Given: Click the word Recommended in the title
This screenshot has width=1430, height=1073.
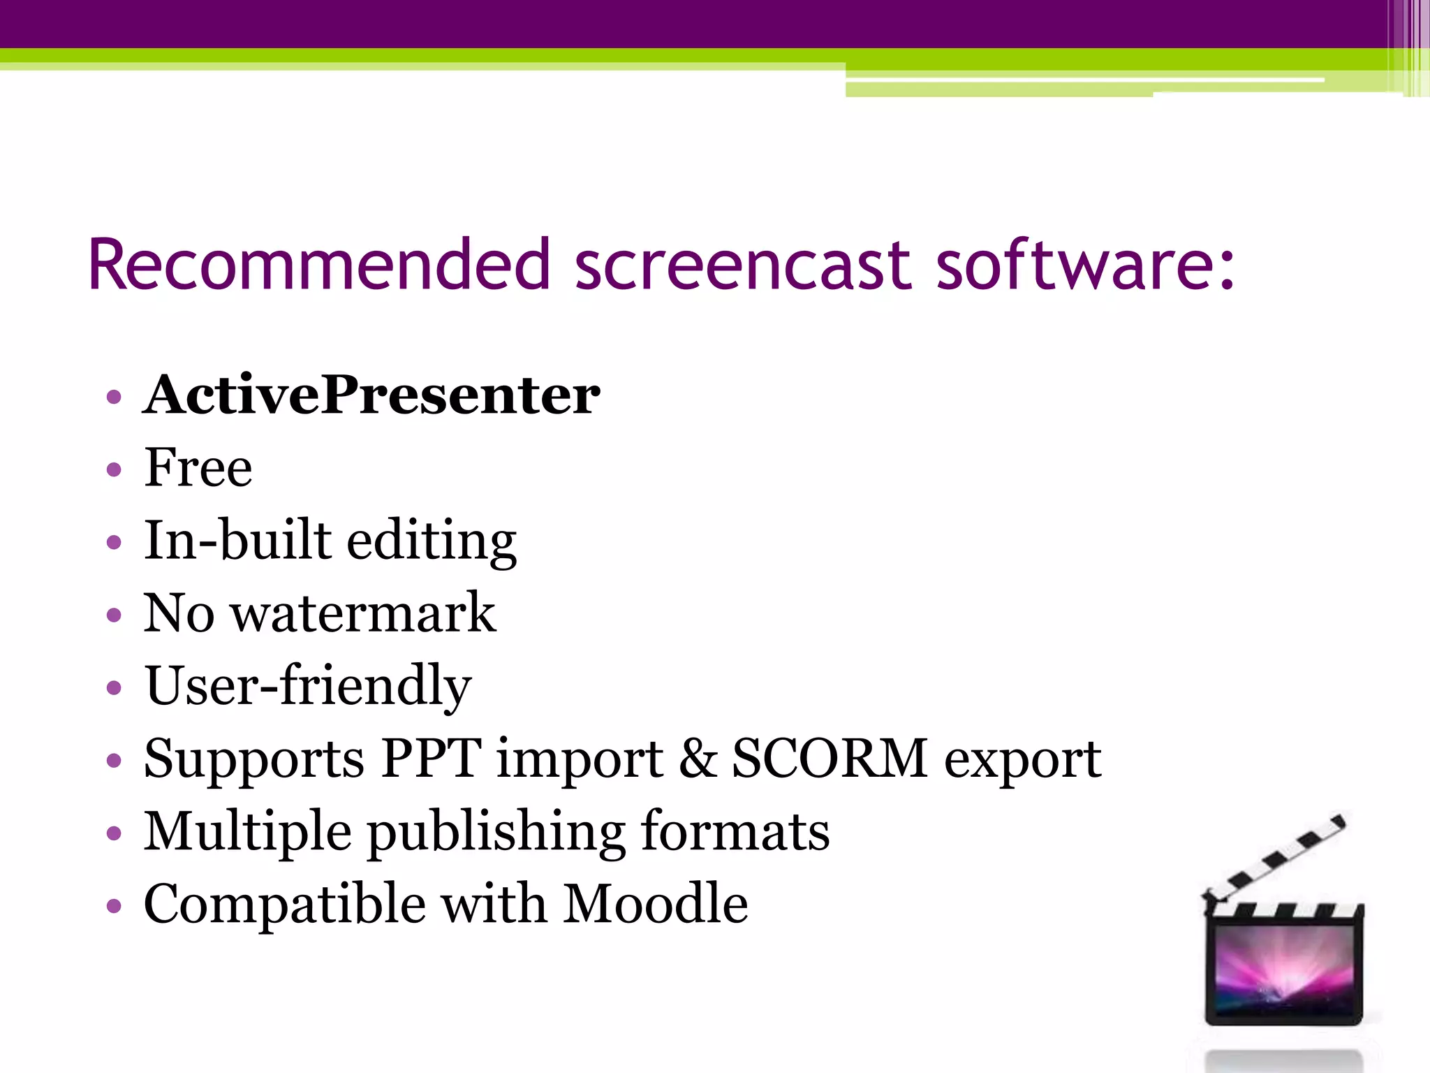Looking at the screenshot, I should click(x=319, y=265).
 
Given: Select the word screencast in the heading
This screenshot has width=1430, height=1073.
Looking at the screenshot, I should click(x=742, y=265).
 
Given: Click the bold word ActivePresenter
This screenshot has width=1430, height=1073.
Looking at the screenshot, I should click(x=371, y=395).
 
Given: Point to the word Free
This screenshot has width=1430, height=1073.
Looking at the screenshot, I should click(x=198, y=467).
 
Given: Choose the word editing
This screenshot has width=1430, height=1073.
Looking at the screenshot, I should click(x=432, y=542).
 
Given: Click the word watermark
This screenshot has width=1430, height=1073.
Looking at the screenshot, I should click(x=363, y=613).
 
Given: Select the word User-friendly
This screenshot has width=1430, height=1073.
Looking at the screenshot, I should click(x=308, y=686).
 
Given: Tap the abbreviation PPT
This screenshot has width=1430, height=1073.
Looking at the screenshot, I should click(x=431, y=759).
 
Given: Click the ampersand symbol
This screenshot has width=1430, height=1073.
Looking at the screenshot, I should click(x=698, y=759).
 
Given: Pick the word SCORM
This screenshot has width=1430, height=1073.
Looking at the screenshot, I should click(x=829, y=759).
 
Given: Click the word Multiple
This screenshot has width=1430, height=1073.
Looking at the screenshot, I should click(x=247, y=833).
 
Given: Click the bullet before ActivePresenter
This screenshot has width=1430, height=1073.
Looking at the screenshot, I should click(x=114, y=397).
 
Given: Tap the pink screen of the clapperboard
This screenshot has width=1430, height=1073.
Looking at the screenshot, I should click(x=1283, y=968).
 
